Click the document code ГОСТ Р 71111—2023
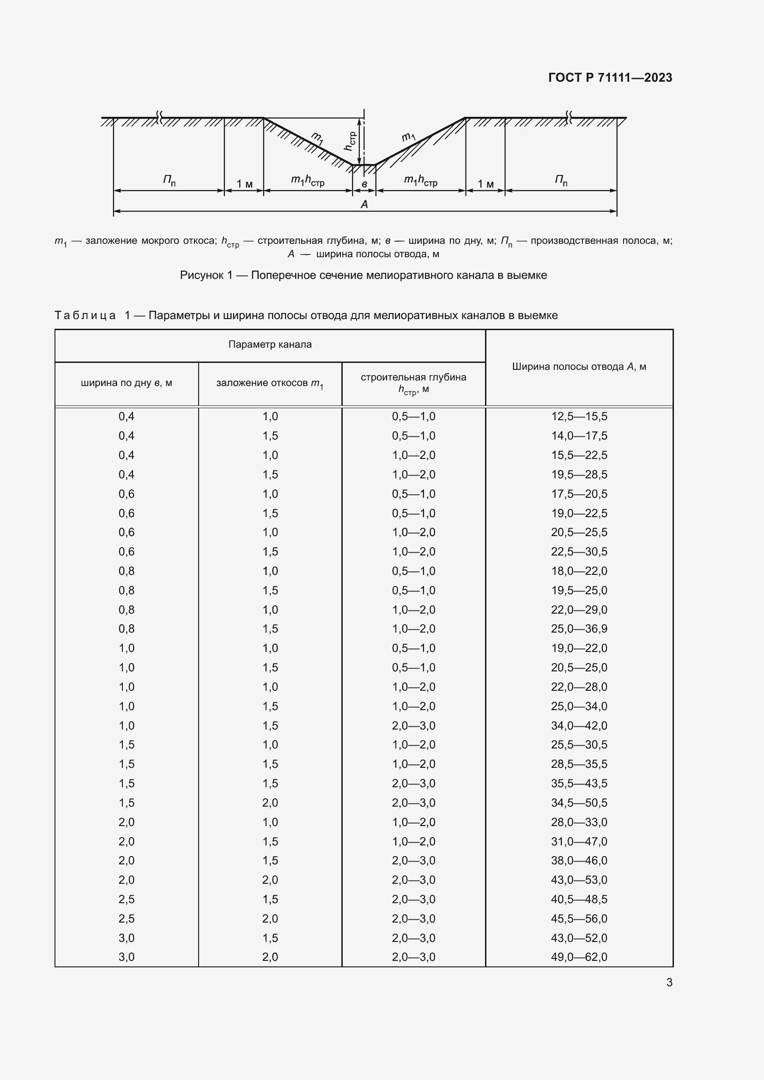[x=610, y=78]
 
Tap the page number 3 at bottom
[x=669, y=982]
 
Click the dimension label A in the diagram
[x=364, y=204]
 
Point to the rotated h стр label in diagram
[x=350, y=141]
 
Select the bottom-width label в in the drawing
[x=364, y=184]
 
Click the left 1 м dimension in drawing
[x=244, y=184]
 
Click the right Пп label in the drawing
[x=560, y=180]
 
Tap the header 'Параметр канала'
[x=270, y=344]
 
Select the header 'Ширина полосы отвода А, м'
[x=579, y=367]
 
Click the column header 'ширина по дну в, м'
[x=126, y=383]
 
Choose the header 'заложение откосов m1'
[x=270, y=383]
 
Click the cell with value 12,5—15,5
[x=579, y=416]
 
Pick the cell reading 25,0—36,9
[x=579, y=628]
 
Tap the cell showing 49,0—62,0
[x=579, y=957]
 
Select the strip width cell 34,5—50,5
[x=579, y=802]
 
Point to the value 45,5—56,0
[x=579, y=918]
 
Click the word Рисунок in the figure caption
[x=202, y=275]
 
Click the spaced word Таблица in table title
[x=85, y=315]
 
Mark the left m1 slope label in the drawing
[x=317, y=139]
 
